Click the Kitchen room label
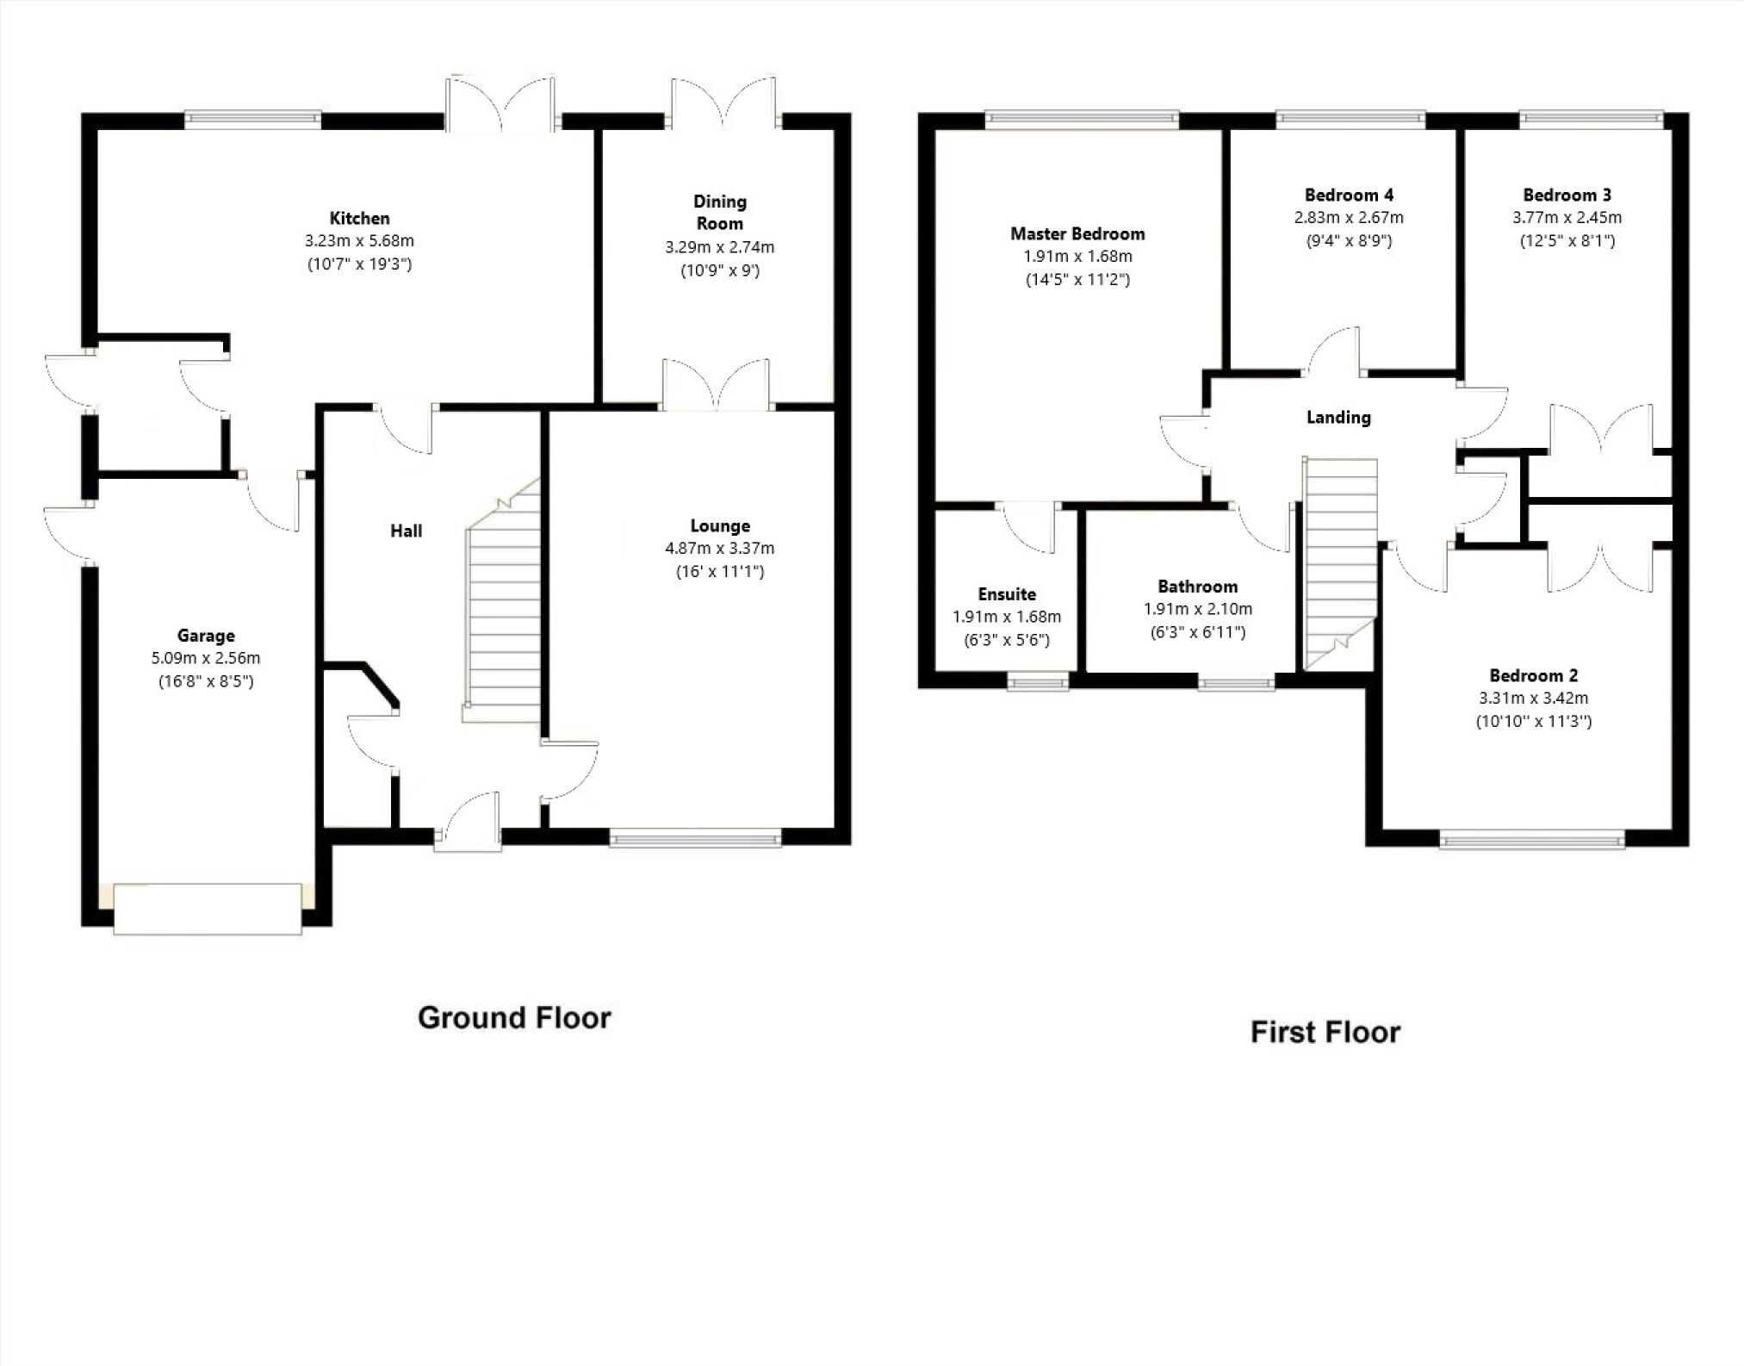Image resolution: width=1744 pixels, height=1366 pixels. click(359, 218)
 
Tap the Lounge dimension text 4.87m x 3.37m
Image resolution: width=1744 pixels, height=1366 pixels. click(719, 548)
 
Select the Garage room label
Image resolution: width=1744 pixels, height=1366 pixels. click(206, 636)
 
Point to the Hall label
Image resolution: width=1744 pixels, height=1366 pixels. click(406, 531)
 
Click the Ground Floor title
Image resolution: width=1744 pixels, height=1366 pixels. click(514, 1017)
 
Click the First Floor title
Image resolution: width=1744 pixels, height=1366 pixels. click(1325, 1032)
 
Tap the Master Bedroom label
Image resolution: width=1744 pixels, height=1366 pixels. click(1077, 233)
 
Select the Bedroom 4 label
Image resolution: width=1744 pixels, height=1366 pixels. click(1349, 195)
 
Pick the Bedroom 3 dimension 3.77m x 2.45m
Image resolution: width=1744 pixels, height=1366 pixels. click(1567, 218)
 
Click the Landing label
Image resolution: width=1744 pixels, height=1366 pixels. click(1338, 418)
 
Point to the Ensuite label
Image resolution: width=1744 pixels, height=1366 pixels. click(1007, 594)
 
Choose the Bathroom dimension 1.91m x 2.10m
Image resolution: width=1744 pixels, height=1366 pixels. click(1197, 609)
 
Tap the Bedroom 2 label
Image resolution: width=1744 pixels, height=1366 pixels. click(1534, 676)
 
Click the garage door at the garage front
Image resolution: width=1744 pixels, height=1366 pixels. click(208, 908)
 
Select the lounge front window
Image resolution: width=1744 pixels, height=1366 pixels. click(695, 837)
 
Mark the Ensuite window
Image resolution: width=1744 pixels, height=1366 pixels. click(1039, 682)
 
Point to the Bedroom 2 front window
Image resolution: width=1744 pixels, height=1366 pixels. click(1532, 839)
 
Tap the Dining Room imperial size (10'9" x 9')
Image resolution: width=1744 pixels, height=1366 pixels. click(720, 270)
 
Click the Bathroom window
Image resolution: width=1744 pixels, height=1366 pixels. click(1237, 682)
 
